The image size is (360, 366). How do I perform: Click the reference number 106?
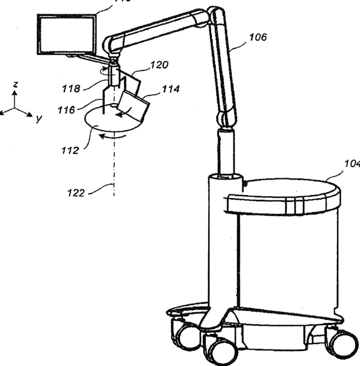258,38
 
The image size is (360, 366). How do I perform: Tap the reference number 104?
351,163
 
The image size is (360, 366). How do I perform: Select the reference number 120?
159,64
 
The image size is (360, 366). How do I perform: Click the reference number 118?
72,89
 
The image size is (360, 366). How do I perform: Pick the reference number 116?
67,109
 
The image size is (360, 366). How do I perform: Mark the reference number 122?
74,193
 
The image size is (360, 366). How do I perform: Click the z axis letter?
16,84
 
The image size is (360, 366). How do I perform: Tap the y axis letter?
38,118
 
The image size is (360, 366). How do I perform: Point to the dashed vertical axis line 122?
114,173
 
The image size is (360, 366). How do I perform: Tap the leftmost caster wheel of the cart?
185,334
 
